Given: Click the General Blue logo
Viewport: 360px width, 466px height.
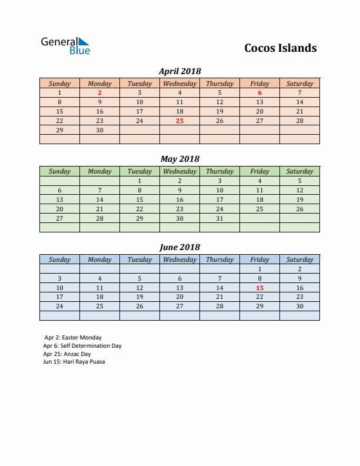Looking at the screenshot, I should coord(65,46).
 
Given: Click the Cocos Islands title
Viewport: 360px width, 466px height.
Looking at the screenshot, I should coord(280,48).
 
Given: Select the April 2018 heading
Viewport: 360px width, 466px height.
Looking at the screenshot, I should coord(180,71).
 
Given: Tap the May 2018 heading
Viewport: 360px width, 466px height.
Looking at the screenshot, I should coord(180,159).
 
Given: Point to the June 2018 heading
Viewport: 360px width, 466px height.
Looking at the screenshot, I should coord(180,247).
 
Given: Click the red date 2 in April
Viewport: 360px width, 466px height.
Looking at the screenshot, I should coord(99,92).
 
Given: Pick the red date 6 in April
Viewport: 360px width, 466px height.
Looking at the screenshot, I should coord(259,92).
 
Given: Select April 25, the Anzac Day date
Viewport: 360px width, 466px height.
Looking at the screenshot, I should coord(179,121).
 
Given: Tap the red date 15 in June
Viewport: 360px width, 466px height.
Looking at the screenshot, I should coord(259,288).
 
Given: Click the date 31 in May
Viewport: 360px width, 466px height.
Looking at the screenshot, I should coord(219,218).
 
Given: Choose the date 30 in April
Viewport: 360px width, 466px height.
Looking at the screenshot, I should coord(99,130).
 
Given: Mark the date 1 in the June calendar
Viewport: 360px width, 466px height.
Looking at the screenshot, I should coord(259,269).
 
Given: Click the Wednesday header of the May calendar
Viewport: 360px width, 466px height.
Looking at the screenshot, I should coord(179,171).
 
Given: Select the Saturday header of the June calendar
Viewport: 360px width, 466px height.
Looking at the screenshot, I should coord(299,259).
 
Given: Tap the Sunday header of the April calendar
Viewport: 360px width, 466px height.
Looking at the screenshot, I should coord(59,84).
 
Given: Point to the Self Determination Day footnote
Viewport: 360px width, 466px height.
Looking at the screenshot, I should coord(82,346).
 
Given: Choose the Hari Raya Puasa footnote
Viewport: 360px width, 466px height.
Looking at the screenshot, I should coord(74,362).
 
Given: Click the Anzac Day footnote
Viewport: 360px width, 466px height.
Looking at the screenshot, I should coord(67,354).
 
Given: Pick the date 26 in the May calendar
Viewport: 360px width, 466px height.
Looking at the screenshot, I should coord(299,209).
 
